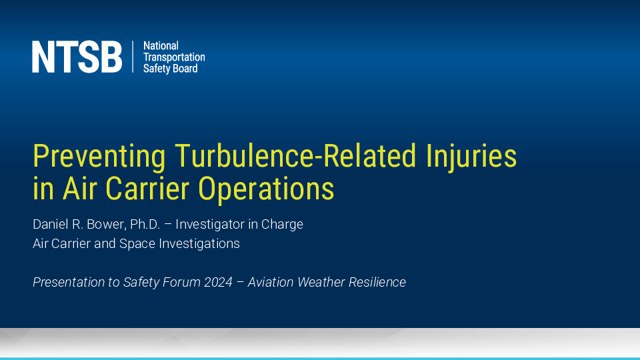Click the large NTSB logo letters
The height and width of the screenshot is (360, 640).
pyautogui.click(x=77, y=57)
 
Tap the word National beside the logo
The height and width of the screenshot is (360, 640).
pyautogui.click(x=161, y=46)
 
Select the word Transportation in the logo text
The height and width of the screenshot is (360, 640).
pyautogui.click(x=174, y=57)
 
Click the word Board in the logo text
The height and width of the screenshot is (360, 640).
pyautogui.click(x=187, y=69)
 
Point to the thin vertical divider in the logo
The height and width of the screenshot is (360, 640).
pyautogui.click(x=133, y=57)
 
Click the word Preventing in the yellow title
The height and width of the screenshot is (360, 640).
pyautogui.click(x=99, y=157)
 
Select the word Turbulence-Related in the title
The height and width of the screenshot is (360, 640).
pyautogui.click(x=295, y=155)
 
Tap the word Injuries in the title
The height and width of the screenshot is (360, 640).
pyautogui.click(x=471, y=157)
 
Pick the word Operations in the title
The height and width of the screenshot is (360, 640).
pyautogui.click(x=266, y=189)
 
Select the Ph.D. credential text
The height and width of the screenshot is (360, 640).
pyautogui.click(x=145, y=224)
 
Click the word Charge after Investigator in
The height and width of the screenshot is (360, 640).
pyautogui.click(x=282, y=225)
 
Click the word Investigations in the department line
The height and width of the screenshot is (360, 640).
pyautogui.click(x=199, y=244)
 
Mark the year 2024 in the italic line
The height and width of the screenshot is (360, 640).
pyautogui.click(x=218, y=282)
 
